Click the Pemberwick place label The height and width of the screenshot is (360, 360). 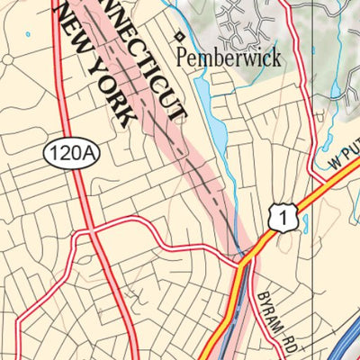229,58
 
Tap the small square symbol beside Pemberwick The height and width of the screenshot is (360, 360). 179,37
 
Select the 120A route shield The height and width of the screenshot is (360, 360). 70,153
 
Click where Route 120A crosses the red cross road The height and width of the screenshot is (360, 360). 91,232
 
